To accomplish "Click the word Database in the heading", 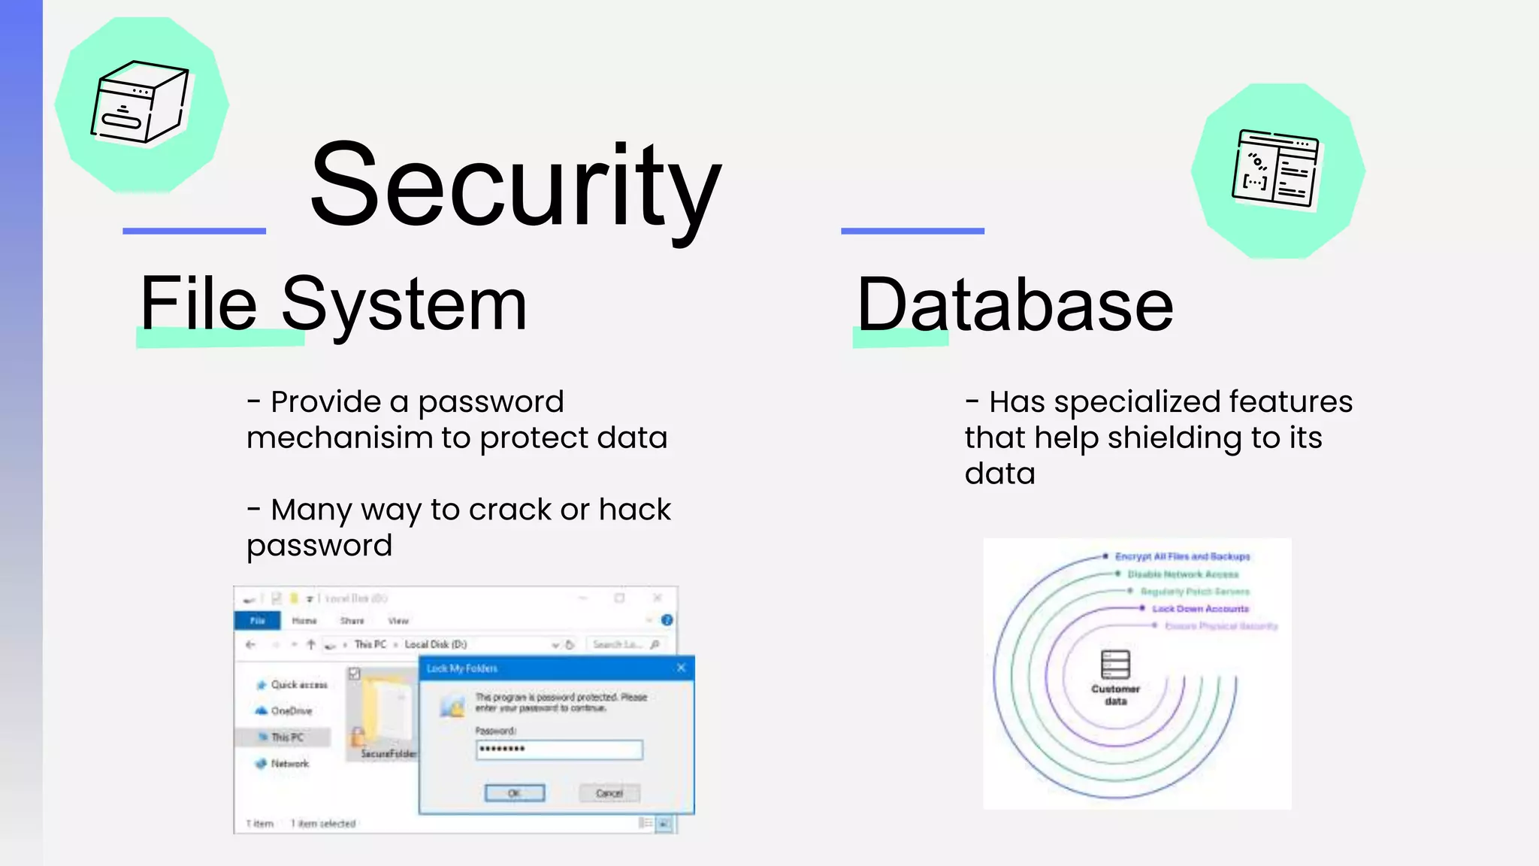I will point(1014,304).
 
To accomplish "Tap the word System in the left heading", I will point(404,304).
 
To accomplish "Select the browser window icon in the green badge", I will point(1275,168).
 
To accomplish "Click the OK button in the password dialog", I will point(514,793).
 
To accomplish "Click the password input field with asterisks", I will point(558,749).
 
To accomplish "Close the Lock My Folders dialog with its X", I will point(681,668).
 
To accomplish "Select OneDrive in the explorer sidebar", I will point(291,710).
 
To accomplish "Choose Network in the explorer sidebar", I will point(289,764).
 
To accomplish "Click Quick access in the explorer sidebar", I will point(298,685).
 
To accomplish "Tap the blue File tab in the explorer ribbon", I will point(257,621).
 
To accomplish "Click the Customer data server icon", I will point(1115,665).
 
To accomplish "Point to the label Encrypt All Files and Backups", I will point(1182,556).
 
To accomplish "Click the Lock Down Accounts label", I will point(1200,609).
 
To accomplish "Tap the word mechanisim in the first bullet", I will point(339,438).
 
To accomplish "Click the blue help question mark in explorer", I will point(667,620).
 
